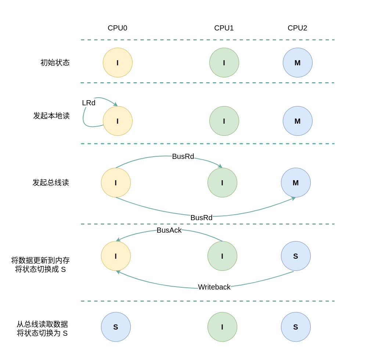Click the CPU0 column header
118,28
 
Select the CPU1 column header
224,28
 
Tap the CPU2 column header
298,28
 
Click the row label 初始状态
55,62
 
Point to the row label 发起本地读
51,116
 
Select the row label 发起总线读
51,182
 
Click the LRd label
89,103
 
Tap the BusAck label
169,230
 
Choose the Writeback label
214,287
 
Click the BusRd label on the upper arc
183,156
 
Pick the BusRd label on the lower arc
201,218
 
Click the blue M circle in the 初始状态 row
298,62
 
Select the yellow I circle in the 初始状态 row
118,62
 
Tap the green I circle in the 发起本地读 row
224,121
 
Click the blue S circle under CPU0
116,327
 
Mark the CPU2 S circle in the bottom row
296,327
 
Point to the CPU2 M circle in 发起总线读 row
296,182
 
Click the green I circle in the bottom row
222,327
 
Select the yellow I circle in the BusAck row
116,256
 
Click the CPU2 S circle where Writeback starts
296,256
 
